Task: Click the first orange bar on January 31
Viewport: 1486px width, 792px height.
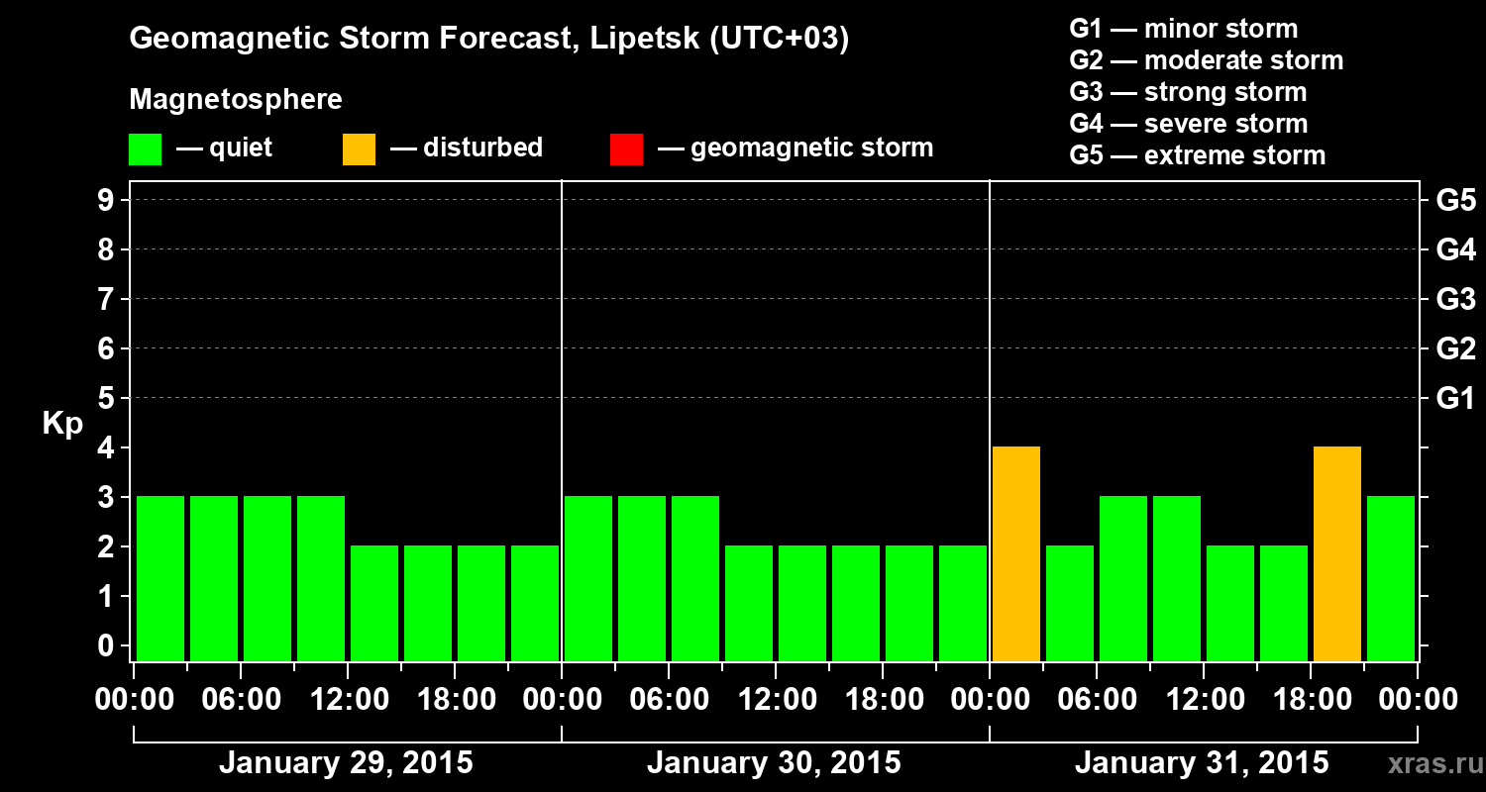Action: [1016, 553]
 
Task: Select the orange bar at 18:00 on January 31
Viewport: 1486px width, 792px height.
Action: [1337, 553]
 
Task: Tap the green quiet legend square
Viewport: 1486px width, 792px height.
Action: [145, 149]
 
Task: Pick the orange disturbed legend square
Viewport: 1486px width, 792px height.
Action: [359, 149]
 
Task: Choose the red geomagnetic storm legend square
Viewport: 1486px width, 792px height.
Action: [626, 149]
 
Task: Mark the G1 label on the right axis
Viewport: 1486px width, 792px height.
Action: [1455, 399]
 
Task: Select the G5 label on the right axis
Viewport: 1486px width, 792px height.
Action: [1455, 201]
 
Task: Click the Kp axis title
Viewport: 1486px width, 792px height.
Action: [62, 424]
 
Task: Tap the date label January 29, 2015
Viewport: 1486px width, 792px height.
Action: [346, 763]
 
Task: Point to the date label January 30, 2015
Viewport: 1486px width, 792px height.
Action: [774, 763]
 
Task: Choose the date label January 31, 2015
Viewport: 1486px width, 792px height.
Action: [1202, 763]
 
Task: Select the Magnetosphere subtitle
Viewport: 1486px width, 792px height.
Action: [236, 100]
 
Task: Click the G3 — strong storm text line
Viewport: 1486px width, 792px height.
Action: [1188, 92]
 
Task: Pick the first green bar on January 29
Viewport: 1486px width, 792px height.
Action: [160, 578]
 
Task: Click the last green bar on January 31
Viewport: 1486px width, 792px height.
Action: [1391, 578]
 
